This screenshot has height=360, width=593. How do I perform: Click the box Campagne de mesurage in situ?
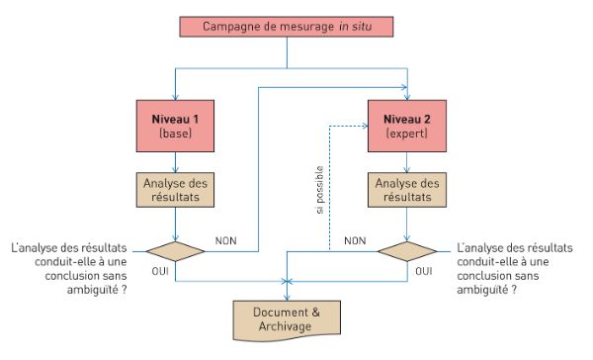pos(286,26)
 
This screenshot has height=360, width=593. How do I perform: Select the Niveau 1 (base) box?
pos(175,127)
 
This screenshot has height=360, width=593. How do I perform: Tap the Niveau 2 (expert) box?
pos(407,127)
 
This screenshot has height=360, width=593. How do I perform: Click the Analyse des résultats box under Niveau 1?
pos(175,192)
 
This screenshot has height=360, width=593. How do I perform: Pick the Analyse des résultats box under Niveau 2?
pos(407,192)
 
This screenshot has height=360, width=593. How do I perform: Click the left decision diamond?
pos(175,249)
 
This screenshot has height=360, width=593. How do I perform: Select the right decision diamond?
pos(407,249)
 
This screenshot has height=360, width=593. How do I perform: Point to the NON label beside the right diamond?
pos(356,239)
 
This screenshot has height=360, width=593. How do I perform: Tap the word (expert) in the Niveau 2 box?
pos(407,135)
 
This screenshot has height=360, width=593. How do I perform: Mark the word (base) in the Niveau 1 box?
pos(175,135)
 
